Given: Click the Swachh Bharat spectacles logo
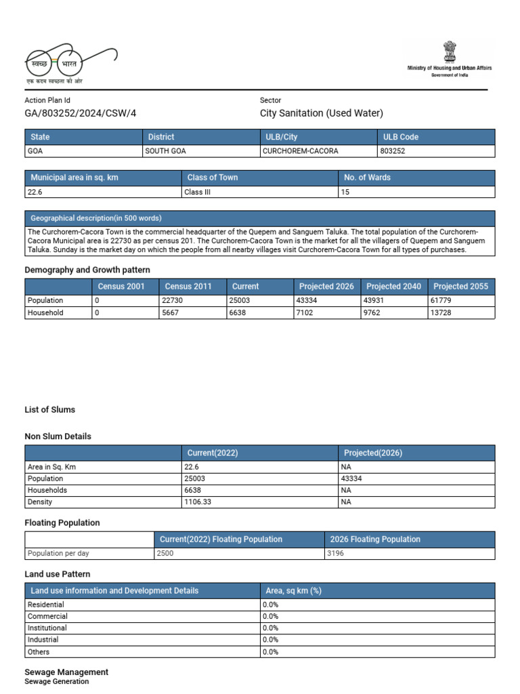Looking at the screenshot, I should click(x=70, y=62).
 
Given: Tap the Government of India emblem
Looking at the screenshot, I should click(x=449, y=52).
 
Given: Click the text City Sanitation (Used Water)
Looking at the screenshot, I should click(x=321, y=113).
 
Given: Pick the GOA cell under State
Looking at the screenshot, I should click(x=35, y=151).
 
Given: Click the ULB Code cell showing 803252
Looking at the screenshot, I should click(x=393, y=151).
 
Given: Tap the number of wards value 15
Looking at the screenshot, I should click(x=345, y=192).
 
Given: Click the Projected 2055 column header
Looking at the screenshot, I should click(x=460, y=286).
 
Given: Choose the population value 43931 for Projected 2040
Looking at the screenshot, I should click(x=374, y=300).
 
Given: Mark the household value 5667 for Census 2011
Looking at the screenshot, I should click(x=170, y=312).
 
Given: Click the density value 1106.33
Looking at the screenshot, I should click(x=198, y=502).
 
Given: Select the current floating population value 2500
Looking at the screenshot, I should click(x=165, y=553).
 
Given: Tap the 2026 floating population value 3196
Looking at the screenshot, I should click(x=336, y=553).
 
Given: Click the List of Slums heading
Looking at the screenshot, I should click(x=50, y=409).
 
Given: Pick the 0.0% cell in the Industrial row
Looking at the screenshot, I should click(x=271, y=640).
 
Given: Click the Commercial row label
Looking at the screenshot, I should click(x=47, y=616).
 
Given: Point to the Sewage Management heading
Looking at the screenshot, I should click(x=66, y=672).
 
